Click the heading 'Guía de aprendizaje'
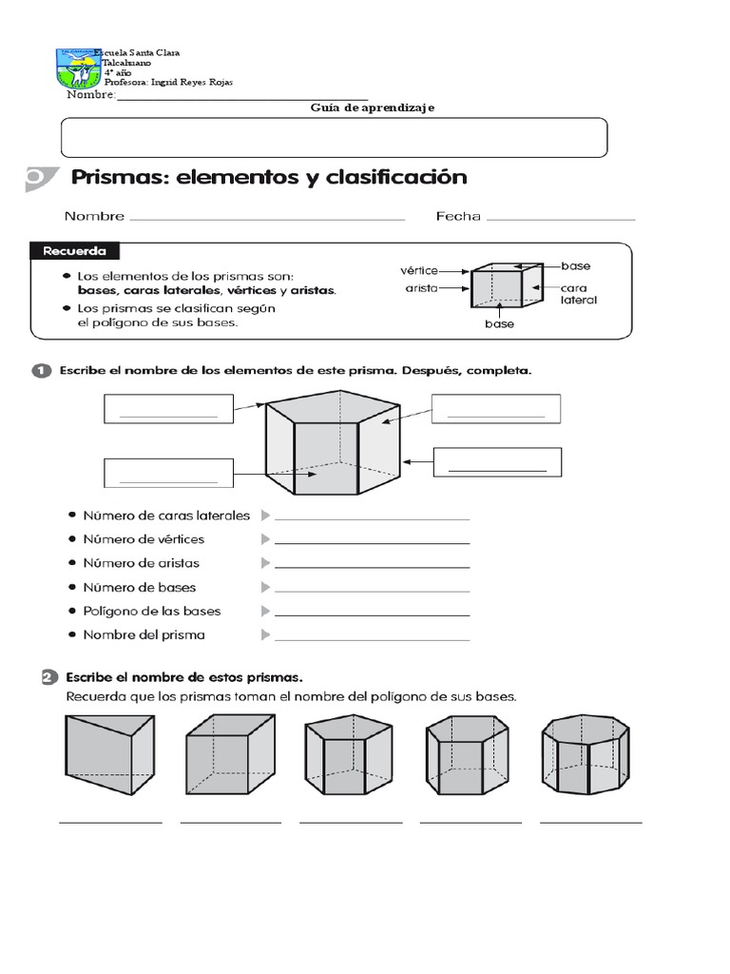point(373,108)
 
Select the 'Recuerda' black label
point(81,252)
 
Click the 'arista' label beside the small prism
point(421,286)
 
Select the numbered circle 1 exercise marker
point(42,372)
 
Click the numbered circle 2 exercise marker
point(46,677)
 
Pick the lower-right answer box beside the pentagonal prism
point(497,462)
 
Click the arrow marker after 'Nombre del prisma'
point(265,634)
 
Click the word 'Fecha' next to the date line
point(458,216)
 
